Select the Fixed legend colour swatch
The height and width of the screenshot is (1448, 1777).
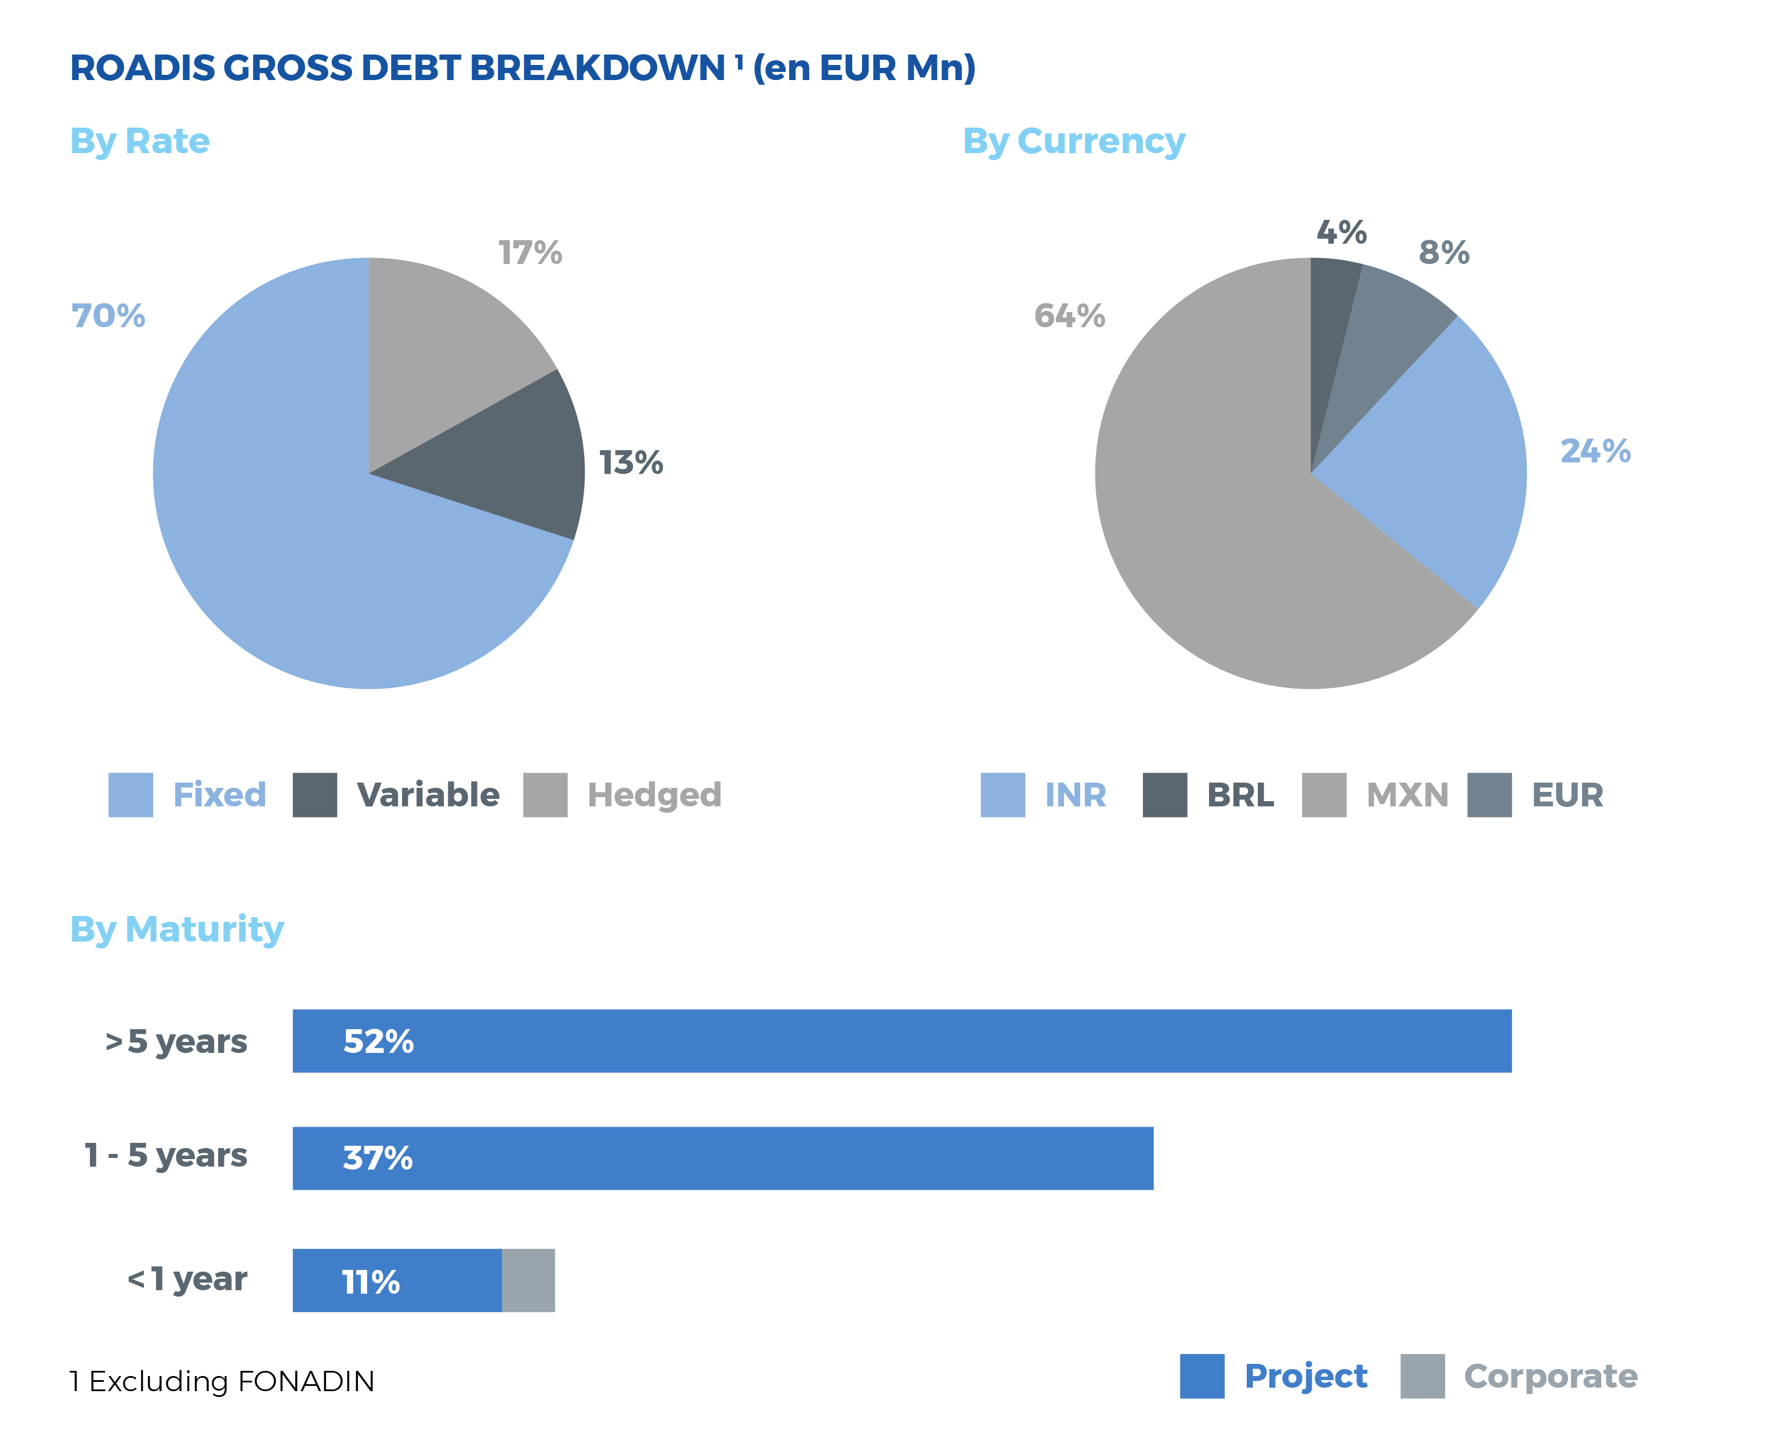[131, 794]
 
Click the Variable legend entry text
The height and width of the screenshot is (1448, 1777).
[428, 795]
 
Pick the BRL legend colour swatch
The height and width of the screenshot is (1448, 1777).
[1164, 794]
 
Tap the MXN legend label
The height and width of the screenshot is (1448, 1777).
[1407, 795]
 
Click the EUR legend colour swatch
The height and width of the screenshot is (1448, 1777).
[1489, 794]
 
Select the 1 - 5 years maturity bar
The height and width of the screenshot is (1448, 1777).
[722, 1158]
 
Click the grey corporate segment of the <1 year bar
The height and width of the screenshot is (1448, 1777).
[528, 1280]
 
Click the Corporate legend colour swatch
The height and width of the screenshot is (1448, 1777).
[1423, 1375]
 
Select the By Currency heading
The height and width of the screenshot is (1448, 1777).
[1074, 142]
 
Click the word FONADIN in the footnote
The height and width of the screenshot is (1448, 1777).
[305, 1381]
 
